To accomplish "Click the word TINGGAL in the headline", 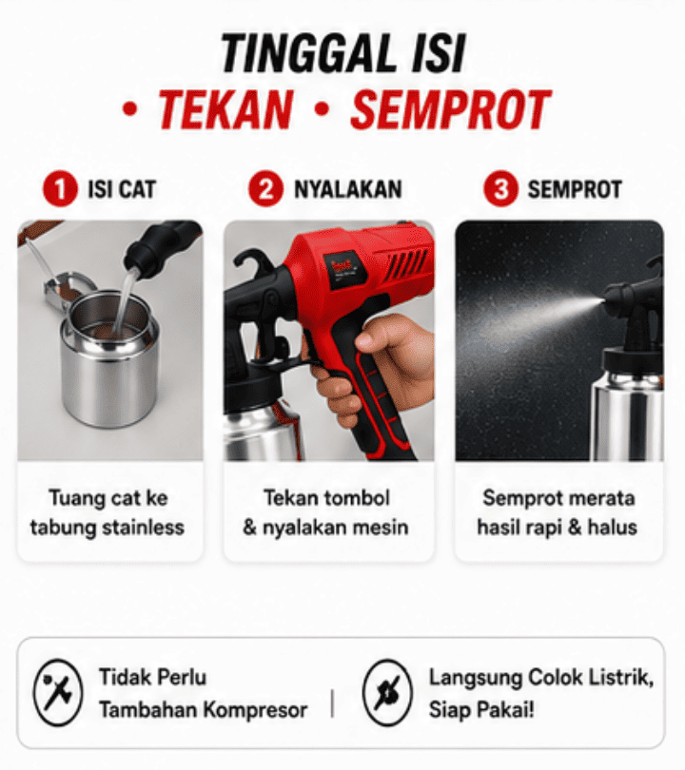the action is click(x=307, y=53).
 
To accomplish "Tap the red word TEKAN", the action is click(x=225, y=109).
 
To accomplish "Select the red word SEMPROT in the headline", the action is click(x=451, y=109).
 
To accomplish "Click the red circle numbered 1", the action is click(x=60, y=189).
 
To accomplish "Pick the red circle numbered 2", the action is click(x=265, y=189).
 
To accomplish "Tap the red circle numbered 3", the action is click(x=500, y=189).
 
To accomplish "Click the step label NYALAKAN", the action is click(x=348, y=189).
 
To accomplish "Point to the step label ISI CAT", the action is click(x=122, y=189).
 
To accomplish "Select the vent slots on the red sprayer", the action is click(x=406, y=267).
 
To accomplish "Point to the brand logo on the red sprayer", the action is click(x=344, y=269).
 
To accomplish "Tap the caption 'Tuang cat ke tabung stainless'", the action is click(x=108, y=512).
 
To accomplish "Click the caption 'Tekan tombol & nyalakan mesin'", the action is click(x=325, y=512).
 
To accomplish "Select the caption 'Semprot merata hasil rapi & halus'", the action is click(x=558, y=512).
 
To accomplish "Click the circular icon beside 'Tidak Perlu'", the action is click(x=58, y=692).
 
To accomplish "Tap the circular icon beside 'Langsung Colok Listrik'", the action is click(x=387, y=692).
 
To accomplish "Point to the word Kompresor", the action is click(x=256, y=710).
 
